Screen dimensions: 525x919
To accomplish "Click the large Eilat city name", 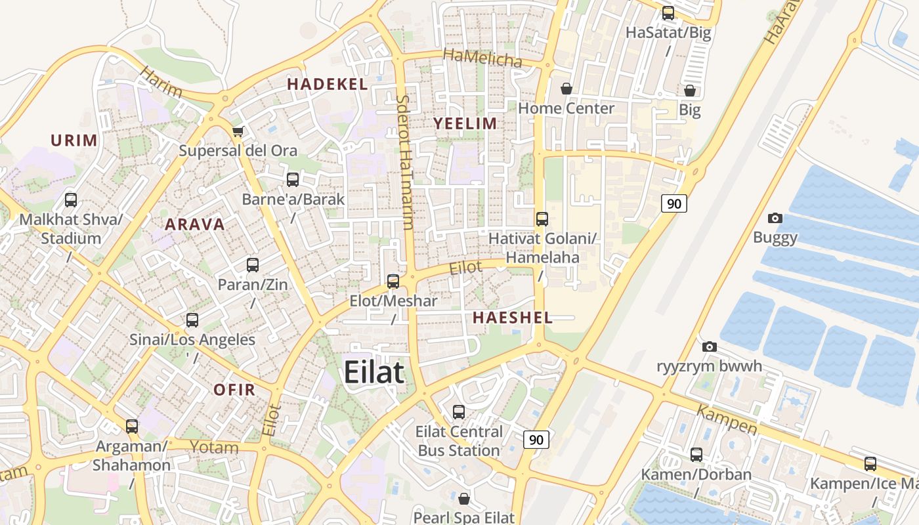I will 374,372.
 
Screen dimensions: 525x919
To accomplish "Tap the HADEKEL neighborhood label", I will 327,84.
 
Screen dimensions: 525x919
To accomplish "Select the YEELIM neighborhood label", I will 465,123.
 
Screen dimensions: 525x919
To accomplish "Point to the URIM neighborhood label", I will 74,140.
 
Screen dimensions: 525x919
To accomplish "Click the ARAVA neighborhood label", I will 195,224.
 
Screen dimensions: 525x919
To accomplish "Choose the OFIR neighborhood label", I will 234,390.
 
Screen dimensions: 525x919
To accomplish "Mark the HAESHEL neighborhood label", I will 512,318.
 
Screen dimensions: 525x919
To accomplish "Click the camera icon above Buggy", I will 775,219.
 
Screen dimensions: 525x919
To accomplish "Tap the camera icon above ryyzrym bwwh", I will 710,346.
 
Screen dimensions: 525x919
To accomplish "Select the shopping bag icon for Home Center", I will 566,89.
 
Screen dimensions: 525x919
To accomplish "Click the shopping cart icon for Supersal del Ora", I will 238,132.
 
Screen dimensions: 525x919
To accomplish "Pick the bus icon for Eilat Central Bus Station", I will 459,412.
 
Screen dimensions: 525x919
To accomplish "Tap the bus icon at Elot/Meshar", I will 393,282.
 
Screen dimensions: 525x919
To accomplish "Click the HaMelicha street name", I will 482,58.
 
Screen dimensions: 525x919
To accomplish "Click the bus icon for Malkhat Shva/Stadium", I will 71,200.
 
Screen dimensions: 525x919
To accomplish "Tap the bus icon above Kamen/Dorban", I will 696,455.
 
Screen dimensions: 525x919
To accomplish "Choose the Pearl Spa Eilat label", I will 463,517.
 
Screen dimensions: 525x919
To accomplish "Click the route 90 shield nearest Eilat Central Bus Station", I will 536,440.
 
